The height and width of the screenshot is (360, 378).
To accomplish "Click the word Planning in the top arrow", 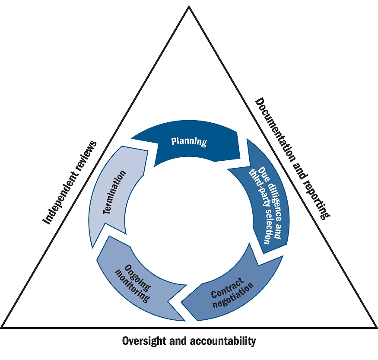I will (189, 141).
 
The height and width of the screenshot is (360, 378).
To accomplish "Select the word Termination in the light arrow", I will (116, 192).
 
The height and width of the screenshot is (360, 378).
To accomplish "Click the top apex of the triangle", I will (189, 6).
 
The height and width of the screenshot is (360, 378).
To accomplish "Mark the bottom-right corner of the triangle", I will (375, 327).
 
